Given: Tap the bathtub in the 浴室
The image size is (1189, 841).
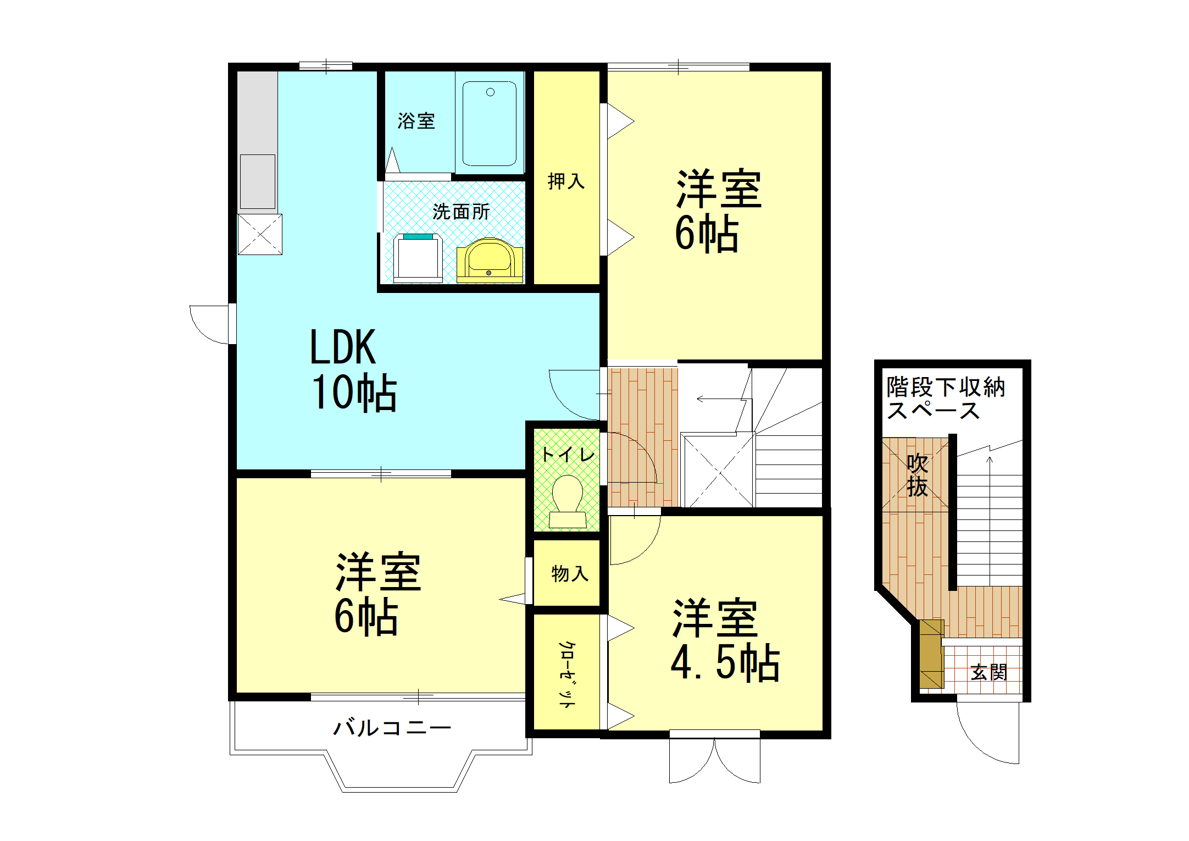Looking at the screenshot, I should (489, 124).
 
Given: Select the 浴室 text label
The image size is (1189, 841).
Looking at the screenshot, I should (416, 121).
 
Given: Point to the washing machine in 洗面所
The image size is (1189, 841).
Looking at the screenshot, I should (418, 258).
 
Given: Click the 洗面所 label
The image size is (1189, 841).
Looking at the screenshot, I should (460, 212).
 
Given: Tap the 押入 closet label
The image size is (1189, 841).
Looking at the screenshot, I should (566, 181).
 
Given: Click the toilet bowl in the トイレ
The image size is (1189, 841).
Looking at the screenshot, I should (568, 497).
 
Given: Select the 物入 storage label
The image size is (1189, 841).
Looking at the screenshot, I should (569, 573).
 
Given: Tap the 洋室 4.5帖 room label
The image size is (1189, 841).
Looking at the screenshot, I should (724, 640).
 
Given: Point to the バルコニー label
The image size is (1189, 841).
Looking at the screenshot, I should (391, 728).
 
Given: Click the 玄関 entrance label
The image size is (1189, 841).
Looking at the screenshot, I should (988, 672).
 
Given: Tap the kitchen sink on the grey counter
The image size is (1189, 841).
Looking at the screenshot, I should (257, 181).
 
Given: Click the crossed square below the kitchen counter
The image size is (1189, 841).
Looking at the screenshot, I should (260, 235).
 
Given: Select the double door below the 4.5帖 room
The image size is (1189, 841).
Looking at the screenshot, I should (714, 759).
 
